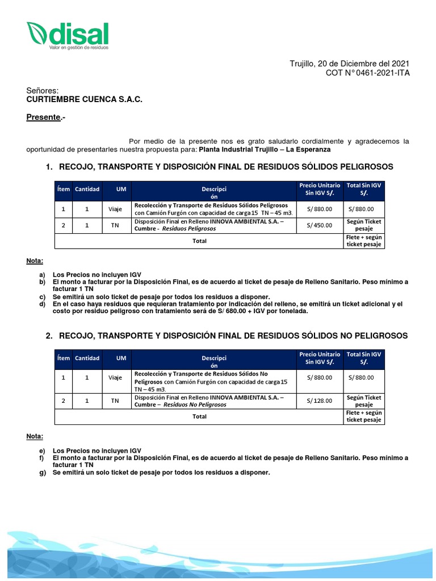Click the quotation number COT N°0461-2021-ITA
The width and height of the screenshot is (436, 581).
tap(367, 73)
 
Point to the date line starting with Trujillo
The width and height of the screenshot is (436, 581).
tap(350, 64)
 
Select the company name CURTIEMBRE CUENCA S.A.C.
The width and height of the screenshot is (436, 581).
tap(85, 100)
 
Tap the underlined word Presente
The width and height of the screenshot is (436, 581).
tap(44, 117)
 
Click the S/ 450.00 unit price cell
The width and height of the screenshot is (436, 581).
tap(319, 225)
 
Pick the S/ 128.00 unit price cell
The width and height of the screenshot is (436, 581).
tap(319, 401)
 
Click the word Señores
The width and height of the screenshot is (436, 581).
tap(43, 91)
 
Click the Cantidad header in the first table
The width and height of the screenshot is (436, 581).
tap(87, 189)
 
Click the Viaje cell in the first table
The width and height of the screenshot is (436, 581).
tap(115, 209)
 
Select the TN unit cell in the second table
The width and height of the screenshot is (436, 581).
tap(115, 401)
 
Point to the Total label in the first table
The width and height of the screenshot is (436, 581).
tap(199, 241)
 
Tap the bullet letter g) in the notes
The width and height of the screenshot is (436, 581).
tap(42, 473)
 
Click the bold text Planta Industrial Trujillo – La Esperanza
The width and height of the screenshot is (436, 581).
tap(265, 149)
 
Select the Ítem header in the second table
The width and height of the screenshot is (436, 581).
tap(63, 358)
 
